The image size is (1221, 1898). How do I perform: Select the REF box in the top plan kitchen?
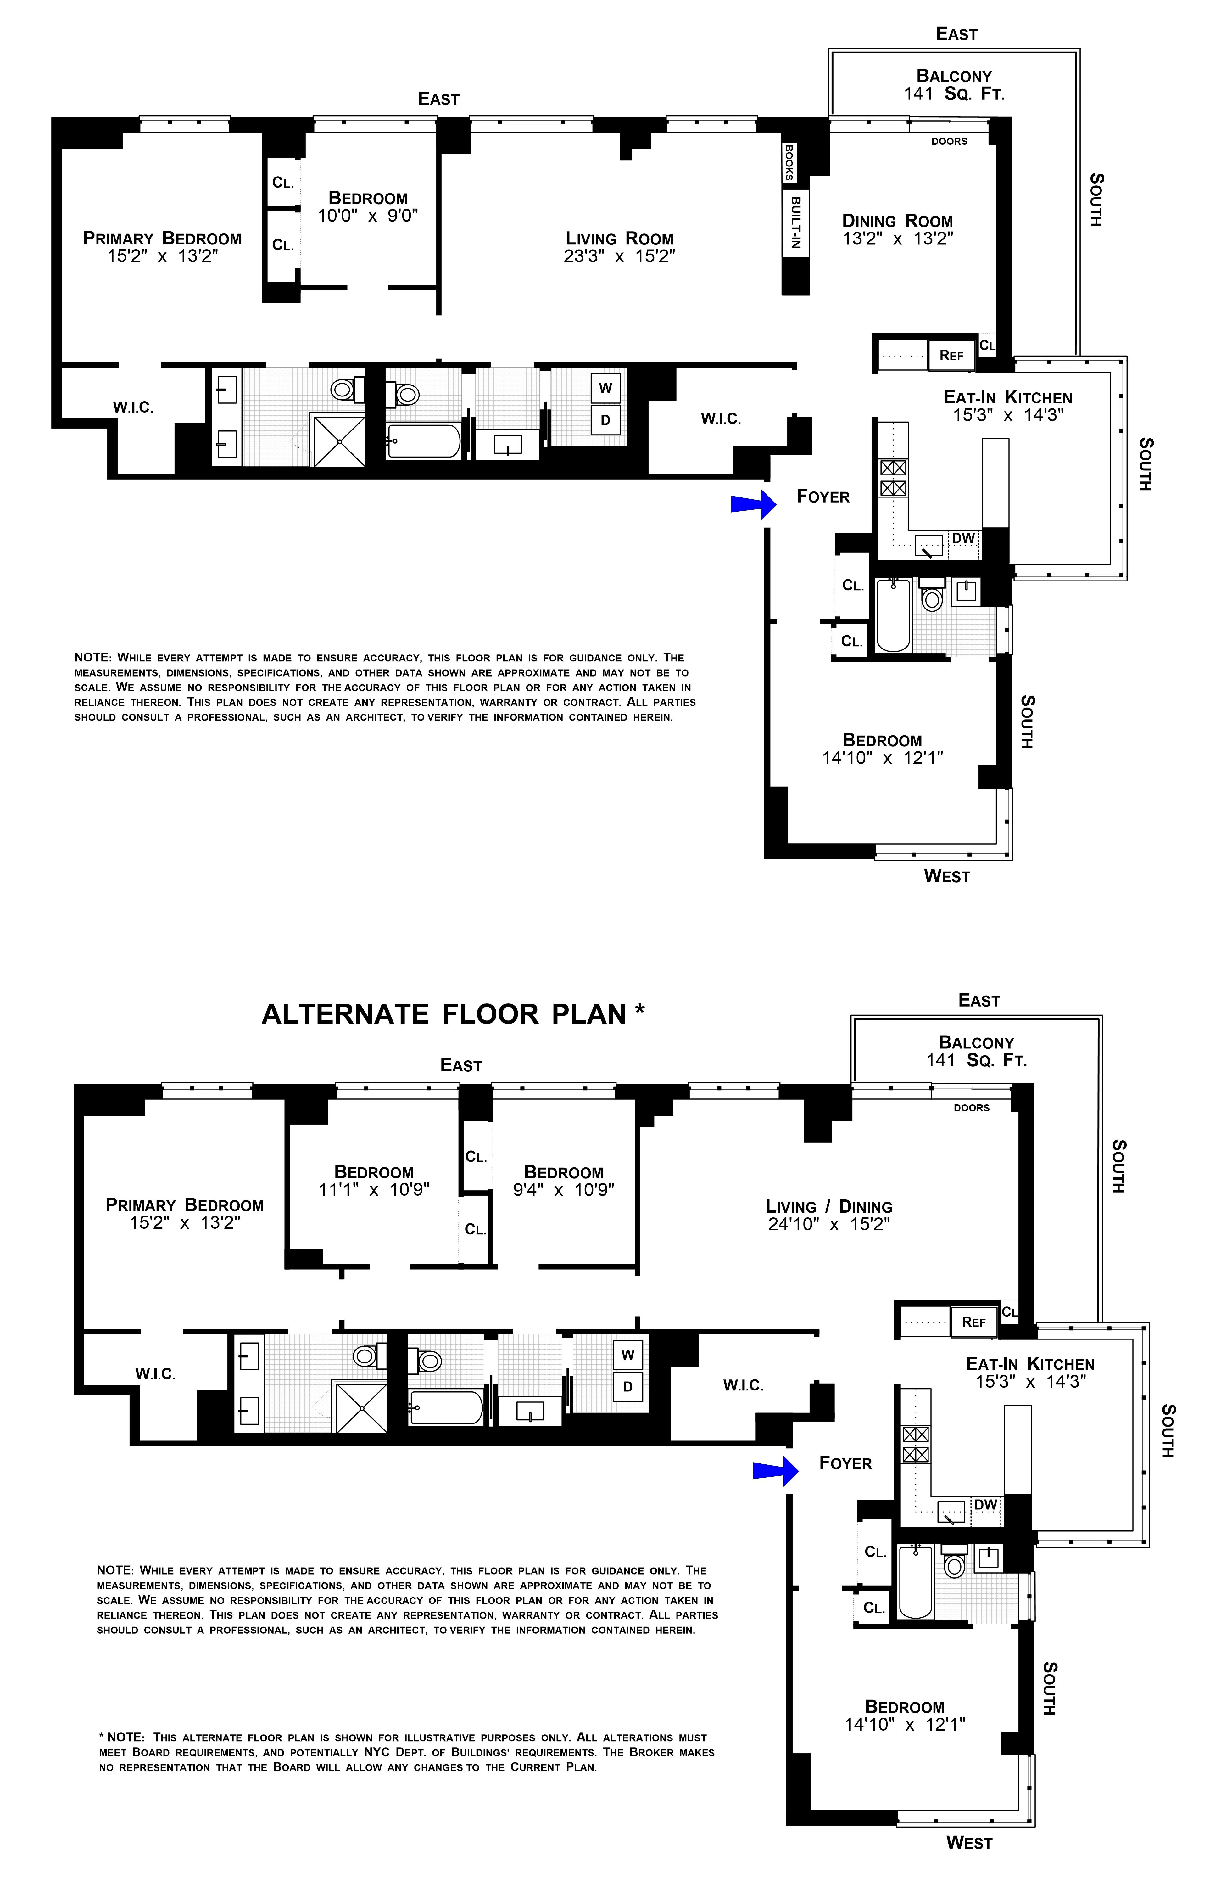[951, 355]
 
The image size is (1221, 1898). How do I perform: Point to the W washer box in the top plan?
[605, 388]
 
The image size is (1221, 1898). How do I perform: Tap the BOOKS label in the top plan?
[790, 162]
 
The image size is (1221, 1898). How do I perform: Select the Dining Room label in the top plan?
[898, 221]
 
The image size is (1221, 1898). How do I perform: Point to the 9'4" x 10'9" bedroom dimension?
[564, 1190]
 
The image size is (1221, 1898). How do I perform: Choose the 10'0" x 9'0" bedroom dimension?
[368, 216]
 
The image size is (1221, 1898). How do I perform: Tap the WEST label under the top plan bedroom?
[947, 876]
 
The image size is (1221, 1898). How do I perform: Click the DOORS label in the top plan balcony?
[949, 141]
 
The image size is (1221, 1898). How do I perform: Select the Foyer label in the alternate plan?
[845, 1463]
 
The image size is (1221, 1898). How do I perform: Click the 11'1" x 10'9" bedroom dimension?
[374, 1190]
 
